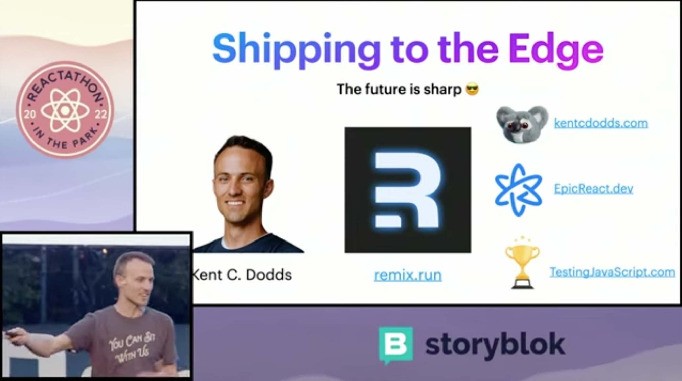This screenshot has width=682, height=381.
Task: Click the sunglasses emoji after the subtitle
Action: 472,90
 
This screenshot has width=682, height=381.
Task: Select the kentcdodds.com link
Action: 601,123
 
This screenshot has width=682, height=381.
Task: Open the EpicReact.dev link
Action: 593,188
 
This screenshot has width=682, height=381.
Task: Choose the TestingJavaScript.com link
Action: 612,272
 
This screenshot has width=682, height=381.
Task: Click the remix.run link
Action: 408,275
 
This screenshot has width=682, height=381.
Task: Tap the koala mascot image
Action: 522,124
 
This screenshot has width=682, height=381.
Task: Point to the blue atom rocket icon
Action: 519,190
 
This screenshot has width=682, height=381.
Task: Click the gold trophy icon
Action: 522,263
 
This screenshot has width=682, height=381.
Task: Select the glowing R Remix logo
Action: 408,190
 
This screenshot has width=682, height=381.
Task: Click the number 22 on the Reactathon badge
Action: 101,114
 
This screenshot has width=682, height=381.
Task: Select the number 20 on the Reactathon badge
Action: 30,114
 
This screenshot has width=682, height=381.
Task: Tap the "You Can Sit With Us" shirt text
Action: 131,347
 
